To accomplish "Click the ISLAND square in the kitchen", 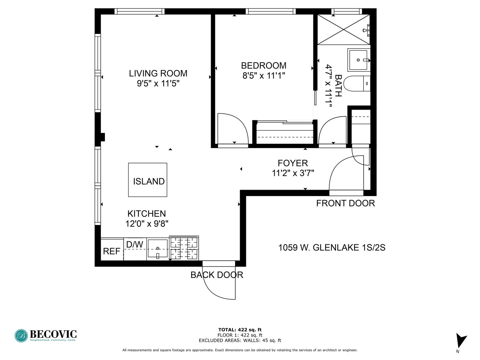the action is [x=148, y=180].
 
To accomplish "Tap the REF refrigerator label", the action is [x=112, y=251].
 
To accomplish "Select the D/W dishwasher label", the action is [x=135, y=245].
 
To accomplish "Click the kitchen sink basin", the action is [x=158, y=249].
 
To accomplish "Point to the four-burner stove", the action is [x=184, y=248].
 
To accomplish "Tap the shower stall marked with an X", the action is [x=344, y=30].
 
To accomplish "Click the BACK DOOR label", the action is [x=217, y=275].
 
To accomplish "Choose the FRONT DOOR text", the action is [x=346, y=203].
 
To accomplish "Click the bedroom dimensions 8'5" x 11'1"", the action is [x=264, y=76].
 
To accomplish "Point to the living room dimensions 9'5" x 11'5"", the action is [x=158, y=83].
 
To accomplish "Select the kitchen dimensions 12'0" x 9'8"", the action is [x=147, y=224].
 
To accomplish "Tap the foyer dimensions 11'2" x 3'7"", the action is [x=293, y=173].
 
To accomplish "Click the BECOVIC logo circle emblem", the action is [x=21, y=336].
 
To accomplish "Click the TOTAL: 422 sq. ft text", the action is [x=240, y=330].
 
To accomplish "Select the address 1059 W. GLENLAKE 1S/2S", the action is [x=332, y=248].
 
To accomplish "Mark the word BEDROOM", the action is [x=264, y=66].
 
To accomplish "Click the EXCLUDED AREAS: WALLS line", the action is [x=240, y=340].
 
